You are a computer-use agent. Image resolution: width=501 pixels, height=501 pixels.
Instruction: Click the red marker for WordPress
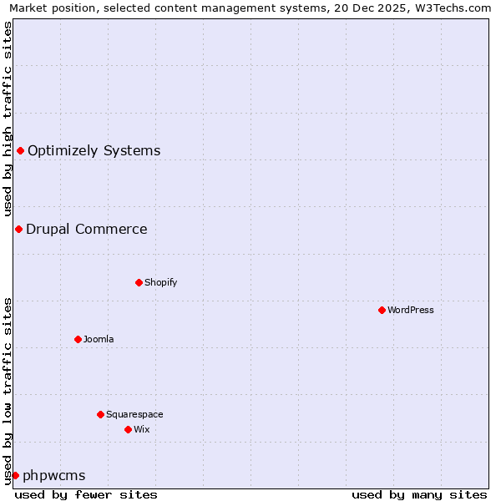(382, 310)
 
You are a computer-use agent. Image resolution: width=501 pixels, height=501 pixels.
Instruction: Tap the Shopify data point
(139, 282)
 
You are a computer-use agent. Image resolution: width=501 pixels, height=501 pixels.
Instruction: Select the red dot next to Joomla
(78, 339)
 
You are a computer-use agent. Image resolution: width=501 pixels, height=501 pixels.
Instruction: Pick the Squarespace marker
(100, 414)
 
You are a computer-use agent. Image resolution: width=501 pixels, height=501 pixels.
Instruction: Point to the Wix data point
(128, 429)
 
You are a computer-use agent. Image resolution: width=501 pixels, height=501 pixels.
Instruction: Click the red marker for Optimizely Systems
(20, 150)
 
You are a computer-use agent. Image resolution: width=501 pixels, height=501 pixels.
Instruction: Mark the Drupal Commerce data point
(18, 229)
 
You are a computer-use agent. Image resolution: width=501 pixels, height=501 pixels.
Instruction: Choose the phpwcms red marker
(15, 475)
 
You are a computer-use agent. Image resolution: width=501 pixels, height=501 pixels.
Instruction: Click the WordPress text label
(411, 310)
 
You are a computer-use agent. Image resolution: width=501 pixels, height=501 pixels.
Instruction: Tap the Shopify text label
(161, 282)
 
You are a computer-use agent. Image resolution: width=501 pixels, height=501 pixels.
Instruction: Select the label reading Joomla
(99, 339)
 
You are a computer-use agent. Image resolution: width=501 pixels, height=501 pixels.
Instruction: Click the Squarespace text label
(134, 414)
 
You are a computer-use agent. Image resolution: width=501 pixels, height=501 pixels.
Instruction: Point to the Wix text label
(141, 429)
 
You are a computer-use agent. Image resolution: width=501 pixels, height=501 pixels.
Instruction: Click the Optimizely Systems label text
(94, 150)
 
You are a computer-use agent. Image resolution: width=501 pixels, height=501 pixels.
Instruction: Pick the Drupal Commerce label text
(86, 229)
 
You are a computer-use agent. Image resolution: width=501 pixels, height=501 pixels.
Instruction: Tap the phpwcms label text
(53, 475)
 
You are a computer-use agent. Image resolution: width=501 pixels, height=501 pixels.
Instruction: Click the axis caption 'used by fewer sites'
(86, 494)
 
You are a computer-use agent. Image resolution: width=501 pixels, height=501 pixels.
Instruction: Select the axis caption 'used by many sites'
(419, 494)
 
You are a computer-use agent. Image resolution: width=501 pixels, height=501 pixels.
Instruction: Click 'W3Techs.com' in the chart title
(454, 8)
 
